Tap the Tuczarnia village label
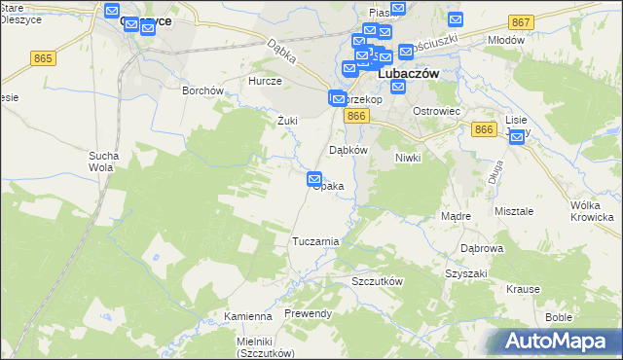315,240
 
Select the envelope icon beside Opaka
314,179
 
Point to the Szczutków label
377,280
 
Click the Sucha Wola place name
103,161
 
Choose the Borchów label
203,90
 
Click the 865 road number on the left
42,59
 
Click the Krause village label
523,289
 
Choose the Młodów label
505,40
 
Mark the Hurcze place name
265,82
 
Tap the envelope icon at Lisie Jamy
517,138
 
